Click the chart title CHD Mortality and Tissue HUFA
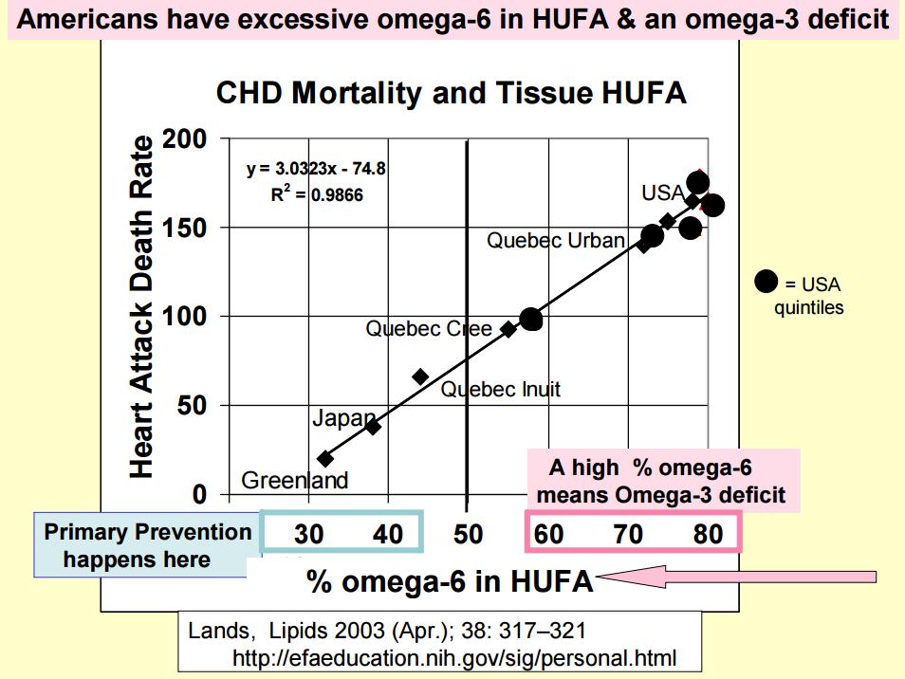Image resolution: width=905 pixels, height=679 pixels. tap(451, 93)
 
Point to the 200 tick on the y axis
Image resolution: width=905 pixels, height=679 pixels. tap(185, 139)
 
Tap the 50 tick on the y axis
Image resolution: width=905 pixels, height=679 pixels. tap(194, 406)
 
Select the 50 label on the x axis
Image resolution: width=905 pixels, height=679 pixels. tap(468, 534)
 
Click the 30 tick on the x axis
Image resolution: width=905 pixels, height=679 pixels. tap(308, 534)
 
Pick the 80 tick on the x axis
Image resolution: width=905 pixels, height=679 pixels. tap(708, 534)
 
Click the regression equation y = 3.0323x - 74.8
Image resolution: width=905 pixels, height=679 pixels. tap(315, 171)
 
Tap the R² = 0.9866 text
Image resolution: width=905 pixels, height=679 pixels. tap(316, 195)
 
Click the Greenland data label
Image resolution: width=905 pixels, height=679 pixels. tap(294, 480)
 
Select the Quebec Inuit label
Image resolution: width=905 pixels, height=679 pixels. tap(500, 389)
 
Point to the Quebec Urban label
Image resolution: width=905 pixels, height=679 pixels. tap(555, 240)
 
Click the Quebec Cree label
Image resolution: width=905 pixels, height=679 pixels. tap(429, 329)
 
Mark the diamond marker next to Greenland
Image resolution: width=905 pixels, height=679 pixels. tap(325, 458)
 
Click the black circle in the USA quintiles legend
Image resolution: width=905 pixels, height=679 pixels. tap(766, 282)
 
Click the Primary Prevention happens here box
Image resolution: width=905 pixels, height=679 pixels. tap(147, 545)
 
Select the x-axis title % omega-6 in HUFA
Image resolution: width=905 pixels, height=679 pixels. tap(450, 581)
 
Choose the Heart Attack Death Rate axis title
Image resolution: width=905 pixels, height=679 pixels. tap(141, 305)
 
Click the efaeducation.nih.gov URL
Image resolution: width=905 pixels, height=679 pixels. tap(454, 656)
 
